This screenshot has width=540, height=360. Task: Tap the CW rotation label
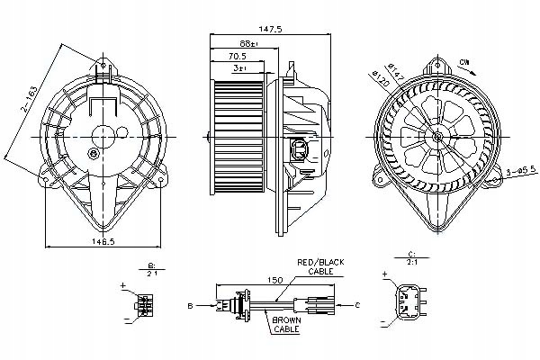click(463, 61)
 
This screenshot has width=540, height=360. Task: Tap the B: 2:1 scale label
click(149, 268)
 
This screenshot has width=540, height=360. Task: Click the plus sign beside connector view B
click(122, 285)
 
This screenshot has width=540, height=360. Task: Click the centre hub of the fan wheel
click(437, 137)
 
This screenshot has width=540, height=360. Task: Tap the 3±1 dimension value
click(235, 67)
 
